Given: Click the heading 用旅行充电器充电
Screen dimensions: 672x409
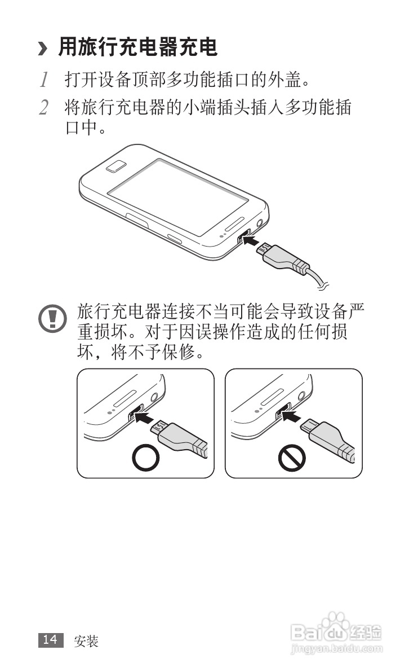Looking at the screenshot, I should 138,48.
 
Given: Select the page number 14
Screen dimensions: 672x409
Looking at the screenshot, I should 50,639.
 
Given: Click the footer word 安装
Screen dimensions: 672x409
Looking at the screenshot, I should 86,640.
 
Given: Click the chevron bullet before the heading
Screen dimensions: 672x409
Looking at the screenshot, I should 42,50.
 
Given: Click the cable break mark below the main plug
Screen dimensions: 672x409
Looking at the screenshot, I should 322,287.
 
